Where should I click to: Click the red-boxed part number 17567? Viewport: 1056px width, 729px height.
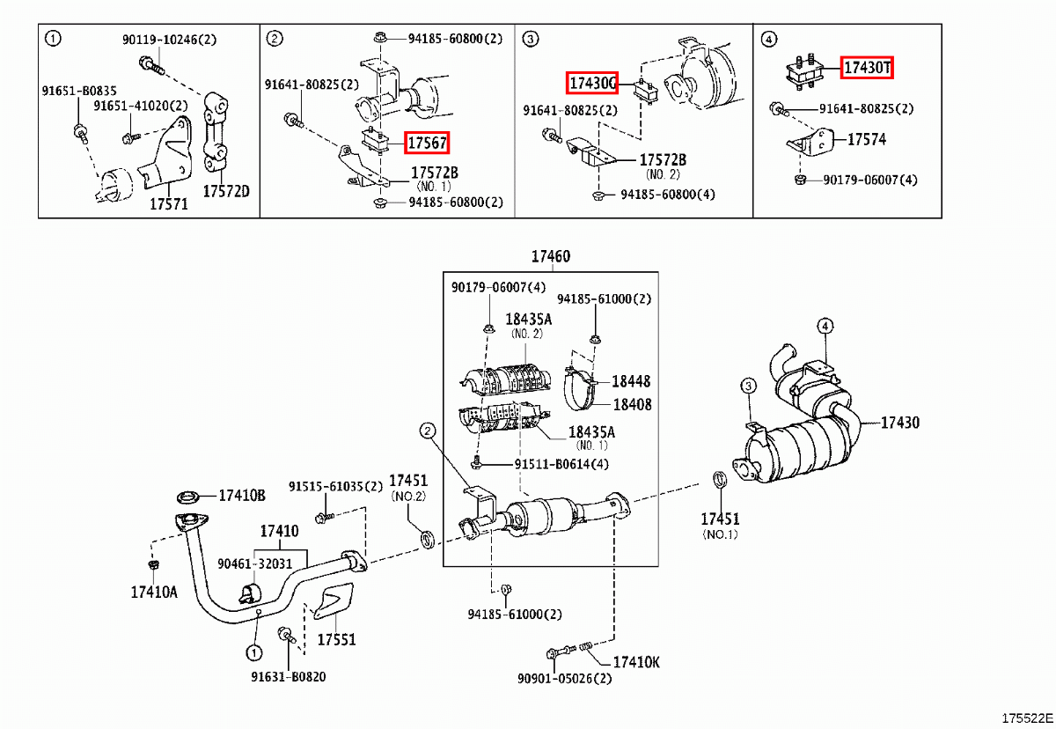pyautogui.click(x=427, y=142)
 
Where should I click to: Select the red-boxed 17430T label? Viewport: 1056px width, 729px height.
pyautogui.click(x=867, y=67)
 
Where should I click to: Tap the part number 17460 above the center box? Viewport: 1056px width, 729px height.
pyautogui.click(x=550, y=257)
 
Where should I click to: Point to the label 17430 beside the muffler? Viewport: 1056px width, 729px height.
pyautogui.click(x=900, y=423)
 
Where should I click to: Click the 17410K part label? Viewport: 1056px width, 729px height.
pyautogui.click(x=635, y=661)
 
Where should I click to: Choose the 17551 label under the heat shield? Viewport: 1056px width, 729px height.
pyautogui.click(x=336, y=639)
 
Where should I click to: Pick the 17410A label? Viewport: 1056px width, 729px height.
pyautogui.click(x=154, y=592)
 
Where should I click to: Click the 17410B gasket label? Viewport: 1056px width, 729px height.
pyautogui.click(x=242, y=496)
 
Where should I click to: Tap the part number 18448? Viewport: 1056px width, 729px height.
pyautogui.click(x=631, y=381)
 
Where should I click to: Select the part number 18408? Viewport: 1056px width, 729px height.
pyautogui.click(x=631, y=404)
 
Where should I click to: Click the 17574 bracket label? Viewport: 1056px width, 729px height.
pyautogui.click(x=867, y=139)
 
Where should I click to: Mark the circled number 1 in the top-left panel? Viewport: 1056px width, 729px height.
pyautogui.click(x=54, y=38)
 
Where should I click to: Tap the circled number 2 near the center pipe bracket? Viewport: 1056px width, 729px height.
pyautogui.click(x=427, y=431)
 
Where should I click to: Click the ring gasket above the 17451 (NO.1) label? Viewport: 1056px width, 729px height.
pyautogui.click(x=719, y=481)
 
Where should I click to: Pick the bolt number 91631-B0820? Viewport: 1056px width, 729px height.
pyautogui.click(x=287, y=677)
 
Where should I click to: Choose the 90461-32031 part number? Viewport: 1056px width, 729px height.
pyautogui.click(x=256, y=564)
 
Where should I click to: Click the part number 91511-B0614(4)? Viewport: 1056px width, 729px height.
pyautogui.click(x=561, y=464)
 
